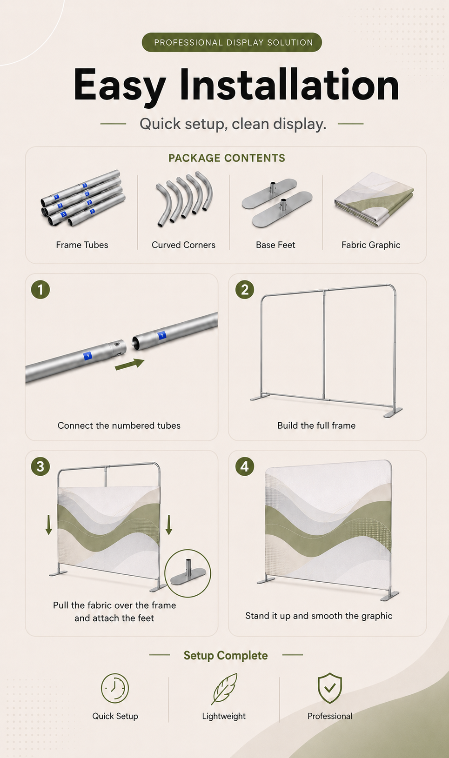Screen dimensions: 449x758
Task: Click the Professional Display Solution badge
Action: point(232,42)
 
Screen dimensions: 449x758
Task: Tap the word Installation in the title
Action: point(289,85)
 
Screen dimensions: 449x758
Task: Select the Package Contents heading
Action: point(227,158)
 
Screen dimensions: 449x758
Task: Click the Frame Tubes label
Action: point(82,245)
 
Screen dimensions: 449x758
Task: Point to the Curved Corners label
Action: point(183,245)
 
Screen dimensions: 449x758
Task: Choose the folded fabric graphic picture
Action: point(374,199)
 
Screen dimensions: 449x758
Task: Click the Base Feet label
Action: point(275,245)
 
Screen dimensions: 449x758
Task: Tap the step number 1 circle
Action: point(40,290)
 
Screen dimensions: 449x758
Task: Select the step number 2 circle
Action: point(245,290)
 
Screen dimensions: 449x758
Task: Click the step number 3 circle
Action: point(40,466)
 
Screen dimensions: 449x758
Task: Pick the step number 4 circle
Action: point(245,466)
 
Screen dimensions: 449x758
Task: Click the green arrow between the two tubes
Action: point(130,365)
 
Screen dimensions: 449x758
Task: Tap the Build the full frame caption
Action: point(316,426)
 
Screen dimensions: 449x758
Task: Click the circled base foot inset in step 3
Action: point(188,573)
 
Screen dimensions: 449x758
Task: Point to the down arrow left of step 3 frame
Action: point(49,525)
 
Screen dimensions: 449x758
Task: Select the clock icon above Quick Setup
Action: point(115,688)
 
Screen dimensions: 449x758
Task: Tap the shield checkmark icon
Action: point(330,688)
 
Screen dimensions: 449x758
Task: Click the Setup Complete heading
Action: point(226,655)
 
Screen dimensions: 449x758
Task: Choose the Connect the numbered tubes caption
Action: point(119,426)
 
